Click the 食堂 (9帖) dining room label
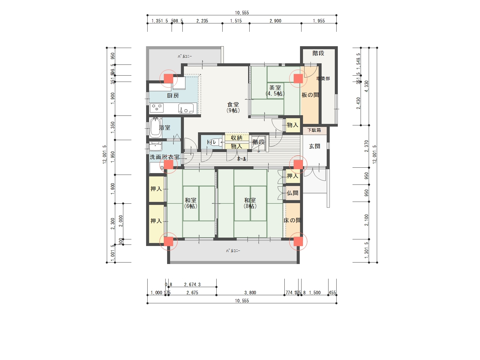233,107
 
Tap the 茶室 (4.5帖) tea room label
275,91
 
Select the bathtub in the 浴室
155,128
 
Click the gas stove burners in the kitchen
157,106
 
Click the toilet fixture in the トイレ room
214,142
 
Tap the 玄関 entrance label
314,146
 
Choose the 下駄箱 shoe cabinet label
314,130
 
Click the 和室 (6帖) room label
190,203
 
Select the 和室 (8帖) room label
250,203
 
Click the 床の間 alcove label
292,220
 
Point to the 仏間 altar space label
292,193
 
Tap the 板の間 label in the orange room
310,95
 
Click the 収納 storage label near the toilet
236,138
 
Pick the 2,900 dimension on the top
275,21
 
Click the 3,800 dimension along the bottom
250,292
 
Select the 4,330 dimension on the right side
366,86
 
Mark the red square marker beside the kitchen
168,79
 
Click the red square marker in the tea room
298,79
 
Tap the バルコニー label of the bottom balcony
233,251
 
